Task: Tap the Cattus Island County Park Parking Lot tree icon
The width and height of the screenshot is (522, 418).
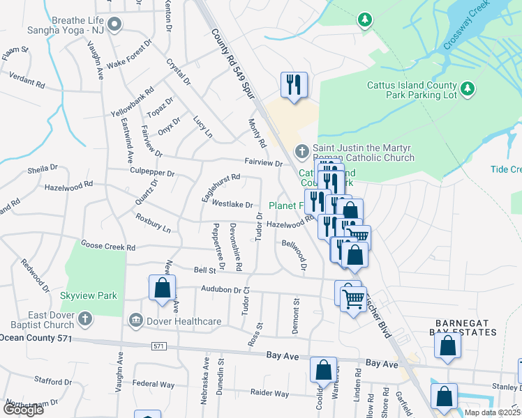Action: point(469,88)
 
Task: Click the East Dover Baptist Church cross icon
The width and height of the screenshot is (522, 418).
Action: point(84,319)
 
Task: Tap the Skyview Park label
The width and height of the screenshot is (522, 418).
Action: point(89,295)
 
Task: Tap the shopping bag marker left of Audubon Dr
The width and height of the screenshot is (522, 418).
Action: point(162,288)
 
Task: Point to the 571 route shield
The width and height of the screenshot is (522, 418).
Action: point(158,346)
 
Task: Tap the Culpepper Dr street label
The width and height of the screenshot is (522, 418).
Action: point(151,171)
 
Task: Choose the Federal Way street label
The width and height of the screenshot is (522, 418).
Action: point(154,384)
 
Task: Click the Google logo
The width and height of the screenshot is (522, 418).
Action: point(23,410)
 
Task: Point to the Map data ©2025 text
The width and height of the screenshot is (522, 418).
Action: point(492,412)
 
